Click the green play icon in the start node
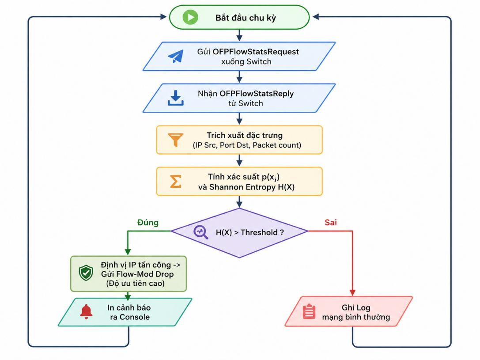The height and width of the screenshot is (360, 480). pos(190,17)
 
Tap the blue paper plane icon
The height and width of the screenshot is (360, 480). pos(176,57)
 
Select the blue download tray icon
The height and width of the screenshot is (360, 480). pos(175,98)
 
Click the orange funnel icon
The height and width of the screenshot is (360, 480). pos(176,140)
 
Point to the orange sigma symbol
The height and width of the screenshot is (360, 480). pos(176,181)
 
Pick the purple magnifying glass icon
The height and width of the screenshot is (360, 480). pos(201,232)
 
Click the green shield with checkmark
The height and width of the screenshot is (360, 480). pos(86,273)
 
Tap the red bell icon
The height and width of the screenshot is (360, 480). pos(86,312)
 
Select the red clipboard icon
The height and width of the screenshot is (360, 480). pos(309,312)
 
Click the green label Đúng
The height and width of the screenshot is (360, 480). pos(148,223)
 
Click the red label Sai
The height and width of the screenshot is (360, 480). pos(331,223)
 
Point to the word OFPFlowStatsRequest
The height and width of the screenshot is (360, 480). pos(256,52)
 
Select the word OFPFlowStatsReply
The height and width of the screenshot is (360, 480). pos(257,94)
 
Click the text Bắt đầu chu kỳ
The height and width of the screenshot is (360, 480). pos(246,18)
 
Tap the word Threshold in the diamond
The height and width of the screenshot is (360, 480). pos(259,233)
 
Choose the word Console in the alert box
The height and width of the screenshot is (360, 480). pos(135,317)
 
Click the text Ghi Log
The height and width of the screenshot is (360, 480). pos(356,307)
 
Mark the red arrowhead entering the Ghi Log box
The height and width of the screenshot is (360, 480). pos(352,293)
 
